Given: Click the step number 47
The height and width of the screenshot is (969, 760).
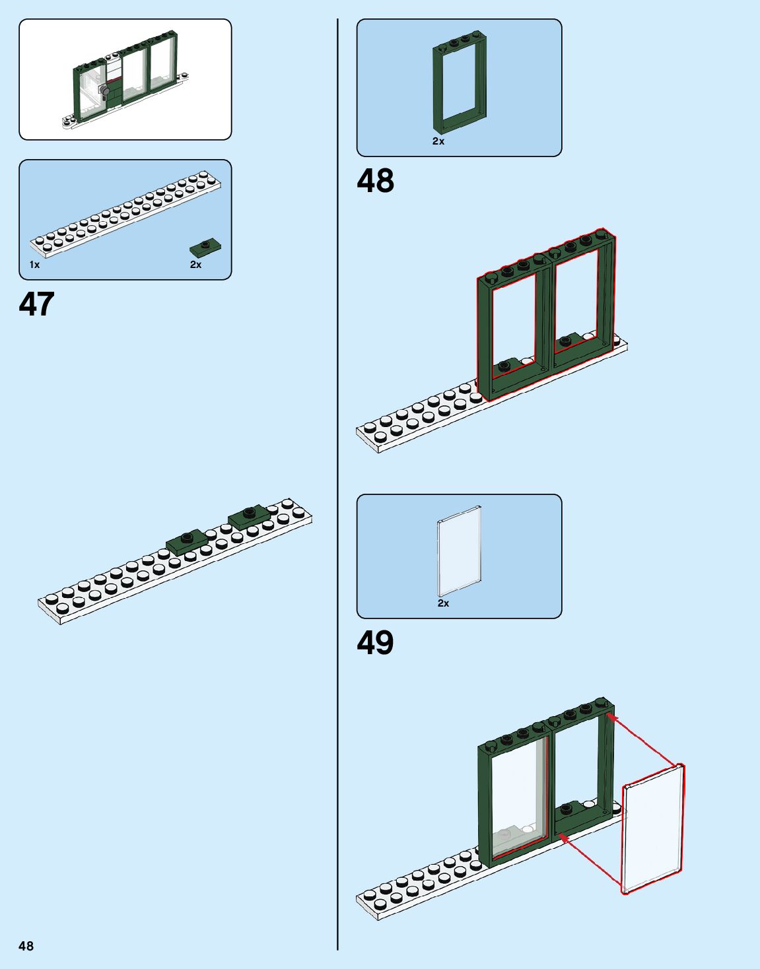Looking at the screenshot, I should [x=36, y=304].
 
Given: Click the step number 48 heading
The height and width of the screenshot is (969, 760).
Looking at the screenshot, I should [x=375, y=181].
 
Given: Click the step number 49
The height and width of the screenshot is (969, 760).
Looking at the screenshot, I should [x=375, y=643].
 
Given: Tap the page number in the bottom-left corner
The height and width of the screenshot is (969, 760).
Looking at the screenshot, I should [x=26, y=946].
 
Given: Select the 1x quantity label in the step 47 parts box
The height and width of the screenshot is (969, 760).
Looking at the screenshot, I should [x=34, y=265].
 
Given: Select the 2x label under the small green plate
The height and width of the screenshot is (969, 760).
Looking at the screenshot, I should [x=195, y=265].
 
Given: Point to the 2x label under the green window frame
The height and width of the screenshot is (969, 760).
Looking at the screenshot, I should [x=438, y=141].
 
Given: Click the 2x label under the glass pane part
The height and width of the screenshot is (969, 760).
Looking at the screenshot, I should [x=443, y=603].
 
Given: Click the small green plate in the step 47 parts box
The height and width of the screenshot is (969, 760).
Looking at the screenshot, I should [x=205, y=248].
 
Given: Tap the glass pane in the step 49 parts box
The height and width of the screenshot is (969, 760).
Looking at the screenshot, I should [x=459, y=551].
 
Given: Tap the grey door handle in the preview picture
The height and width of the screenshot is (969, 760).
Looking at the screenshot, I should [x=103, y=90].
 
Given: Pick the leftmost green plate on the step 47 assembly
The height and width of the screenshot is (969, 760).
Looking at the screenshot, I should [x=187, y=541].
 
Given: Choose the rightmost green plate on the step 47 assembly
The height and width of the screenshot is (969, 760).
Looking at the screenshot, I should [x=249, y=516].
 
